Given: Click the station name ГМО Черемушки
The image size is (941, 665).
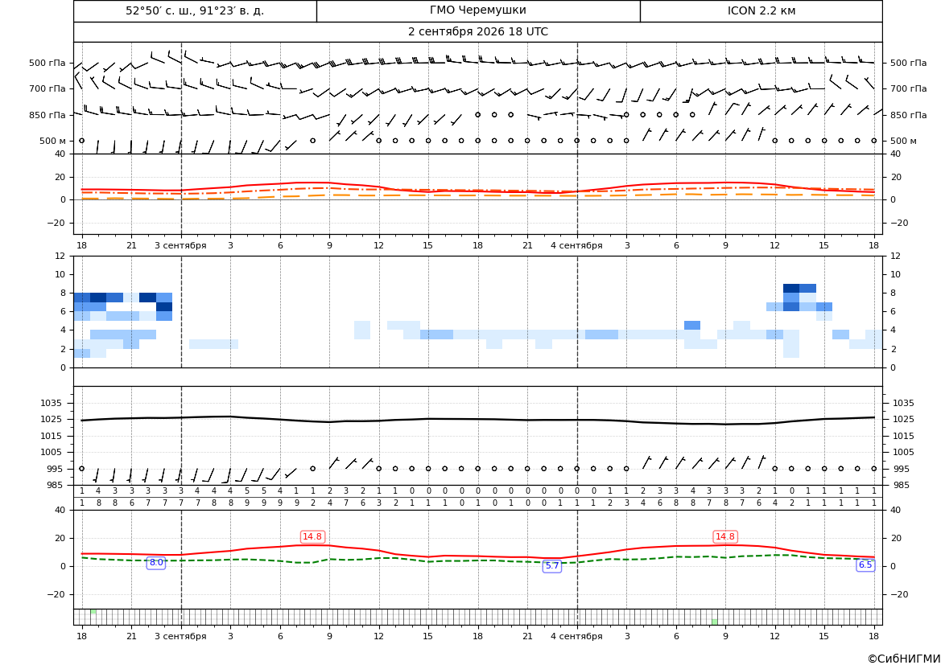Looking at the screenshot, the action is click(477, 10).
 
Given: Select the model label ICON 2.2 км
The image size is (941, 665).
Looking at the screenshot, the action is click(761, 10).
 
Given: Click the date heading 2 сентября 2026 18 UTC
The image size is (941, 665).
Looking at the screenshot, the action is click(477, 32).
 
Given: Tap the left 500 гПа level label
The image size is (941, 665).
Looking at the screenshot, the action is click(47, 63).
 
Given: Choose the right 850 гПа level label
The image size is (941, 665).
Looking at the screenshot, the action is click(908, 115).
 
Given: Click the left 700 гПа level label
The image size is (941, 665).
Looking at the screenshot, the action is click(47, 88).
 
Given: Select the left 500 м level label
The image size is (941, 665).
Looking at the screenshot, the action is click(52, 141).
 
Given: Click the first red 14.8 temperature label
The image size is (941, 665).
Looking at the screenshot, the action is click(312, 536).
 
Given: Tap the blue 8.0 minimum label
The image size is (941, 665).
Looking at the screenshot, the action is click(156, 563).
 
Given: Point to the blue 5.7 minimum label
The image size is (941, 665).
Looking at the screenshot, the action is click(552, 566).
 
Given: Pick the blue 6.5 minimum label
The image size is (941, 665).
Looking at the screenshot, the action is click(865, 564).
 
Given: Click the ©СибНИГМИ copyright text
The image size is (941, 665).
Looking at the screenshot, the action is click(904, 659).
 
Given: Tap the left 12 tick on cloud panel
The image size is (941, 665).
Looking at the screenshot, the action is click(60, 256).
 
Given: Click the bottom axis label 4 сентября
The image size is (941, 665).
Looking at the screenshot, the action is click(576, 636).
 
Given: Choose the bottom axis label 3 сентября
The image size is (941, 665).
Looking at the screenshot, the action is click(180, 636).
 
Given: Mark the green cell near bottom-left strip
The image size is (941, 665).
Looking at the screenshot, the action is click(93, 612).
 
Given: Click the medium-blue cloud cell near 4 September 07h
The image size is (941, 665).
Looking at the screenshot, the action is click(692, 325).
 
